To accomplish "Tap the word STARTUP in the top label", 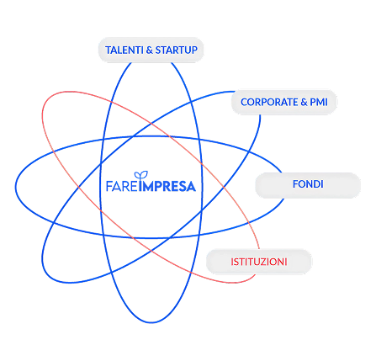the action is click(x=177, y=50).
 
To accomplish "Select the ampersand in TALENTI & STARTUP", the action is click(x=150, y=50).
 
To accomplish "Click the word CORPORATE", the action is click(x=269, y=102).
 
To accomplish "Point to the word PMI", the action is click(x=319, y=102).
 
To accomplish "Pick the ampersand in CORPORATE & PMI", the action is click(x=304, y=102).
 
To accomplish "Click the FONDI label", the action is click(x=308, y=184).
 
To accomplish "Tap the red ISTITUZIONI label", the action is click(x=259, y=262).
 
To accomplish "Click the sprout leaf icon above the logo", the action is click(x=141, y=175).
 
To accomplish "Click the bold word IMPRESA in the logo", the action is click(x=167, y=186).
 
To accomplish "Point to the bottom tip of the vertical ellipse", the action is click(x=151, y=323).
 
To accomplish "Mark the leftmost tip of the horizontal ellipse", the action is click(x=16, y=187).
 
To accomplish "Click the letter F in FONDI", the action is click(x=295, y=184).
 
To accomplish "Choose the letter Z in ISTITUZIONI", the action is click(x=262, y=262).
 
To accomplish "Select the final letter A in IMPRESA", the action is click(x=191, y=187).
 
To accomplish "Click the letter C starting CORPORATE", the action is click(x=244, y=102).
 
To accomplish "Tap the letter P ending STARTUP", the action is click(x=194, y=50).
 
